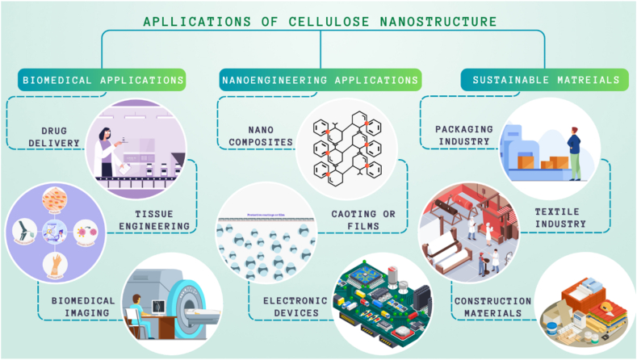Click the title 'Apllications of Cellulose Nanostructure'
(318, 21)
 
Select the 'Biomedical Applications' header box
(102, 79)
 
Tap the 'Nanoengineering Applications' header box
(321, 79)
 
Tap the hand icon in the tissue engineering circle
(55, 263)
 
